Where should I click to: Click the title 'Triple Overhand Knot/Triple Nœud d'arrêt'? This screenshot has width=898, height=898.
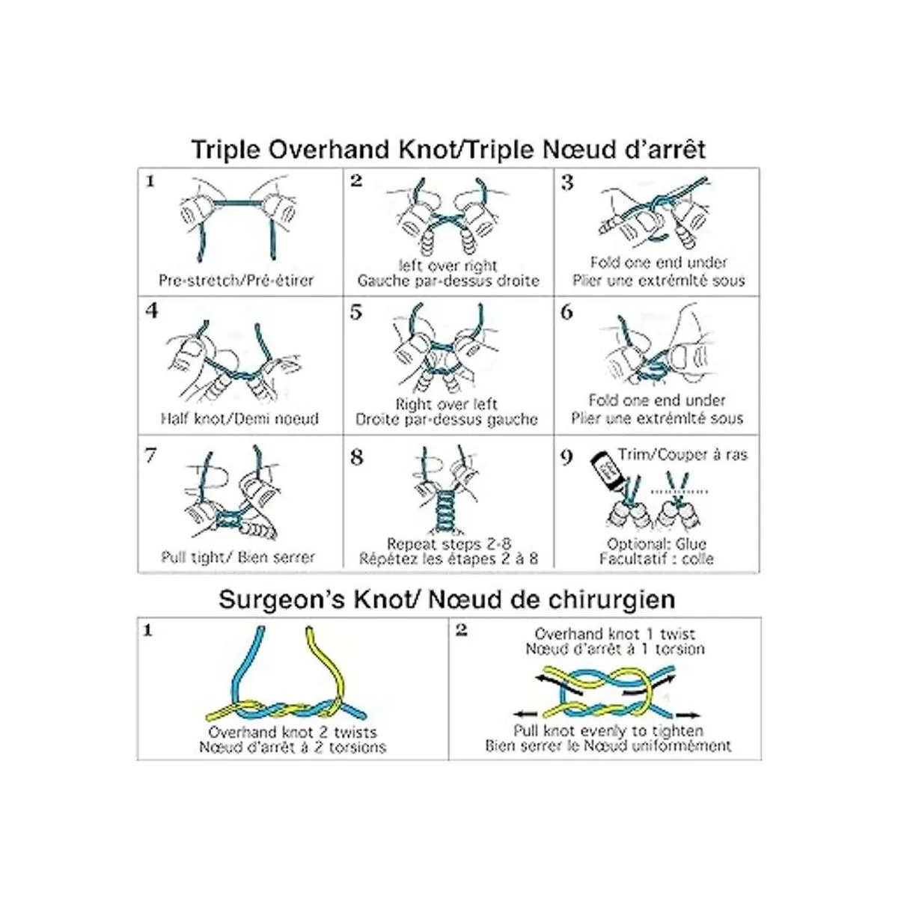[x=448, y=149]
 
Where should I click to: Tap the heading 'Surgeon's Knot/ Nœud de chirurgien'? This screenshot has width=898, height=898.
[x=447, y=599]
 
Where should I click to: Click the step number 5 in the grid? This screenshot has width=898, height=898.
[x=356, y=313]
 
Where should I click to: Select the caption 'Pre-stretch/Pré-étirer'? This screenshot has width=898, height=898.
[x=236, y=281]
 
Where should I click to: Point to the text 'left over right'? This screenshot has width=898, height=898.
[x=448, y=265]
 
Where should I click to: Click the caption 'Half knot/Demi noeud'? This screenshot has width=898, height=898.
[x=239, y=418]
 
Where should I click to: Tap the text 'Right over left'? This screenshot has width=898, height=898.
[x=447, y=403]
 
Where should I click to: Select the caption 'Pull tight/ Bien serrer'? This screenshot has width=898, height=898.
[x=239, y=558]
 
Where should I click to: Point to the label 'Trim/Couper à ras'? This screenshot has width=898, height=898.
[x=682, y=454]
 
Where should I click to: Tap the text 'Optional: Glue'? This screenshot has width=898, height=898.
[x=656, y=544]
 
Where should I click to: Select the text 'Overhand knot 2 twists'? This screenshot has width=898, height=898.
[x=293, y=732]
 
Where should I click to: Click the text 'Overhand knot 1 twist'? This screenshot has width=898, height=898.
[x=615, y=634]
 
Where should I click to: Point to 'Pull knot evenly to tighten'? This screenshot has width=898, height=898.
[x=608, y=730]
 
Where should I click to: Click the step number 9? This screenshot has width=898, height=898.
[x=566, y=457]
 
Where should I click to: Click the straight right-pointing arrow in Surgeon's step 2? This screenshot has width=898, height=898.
[x=689, y=715]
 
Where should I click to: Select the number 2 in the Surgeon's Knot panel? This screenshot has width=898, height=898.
[x=462, y=631]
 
